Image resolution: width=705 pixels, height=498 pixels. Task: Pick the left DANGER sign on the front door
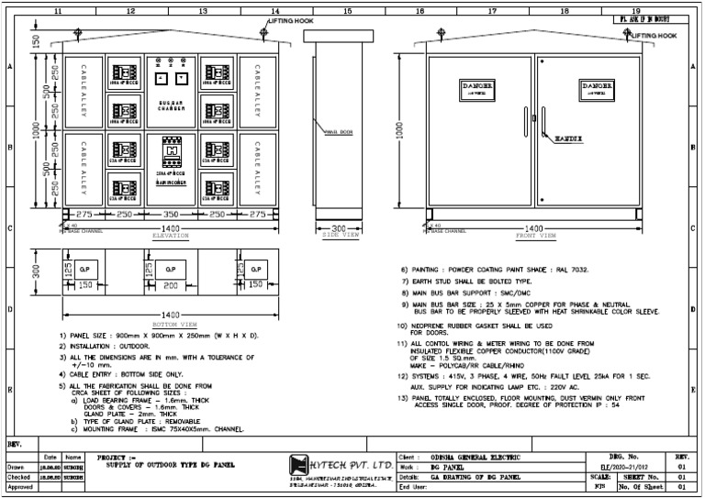(x=476, y=88)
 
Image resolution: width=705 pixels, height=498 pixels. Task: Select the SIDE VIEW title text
(x=339, y=236)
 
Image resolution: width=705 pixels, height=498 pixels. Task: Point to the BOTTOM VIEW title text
(x=173, y=325)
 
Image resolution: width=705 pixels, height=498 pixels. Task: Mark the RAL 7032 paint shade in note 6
(x=567, y=270)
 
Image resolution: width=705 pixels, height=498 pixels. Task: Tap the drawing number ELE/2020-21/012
(x=638, y=467)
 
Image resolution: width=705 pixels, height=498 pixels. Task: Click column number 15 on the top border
(x=347, y=10)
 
